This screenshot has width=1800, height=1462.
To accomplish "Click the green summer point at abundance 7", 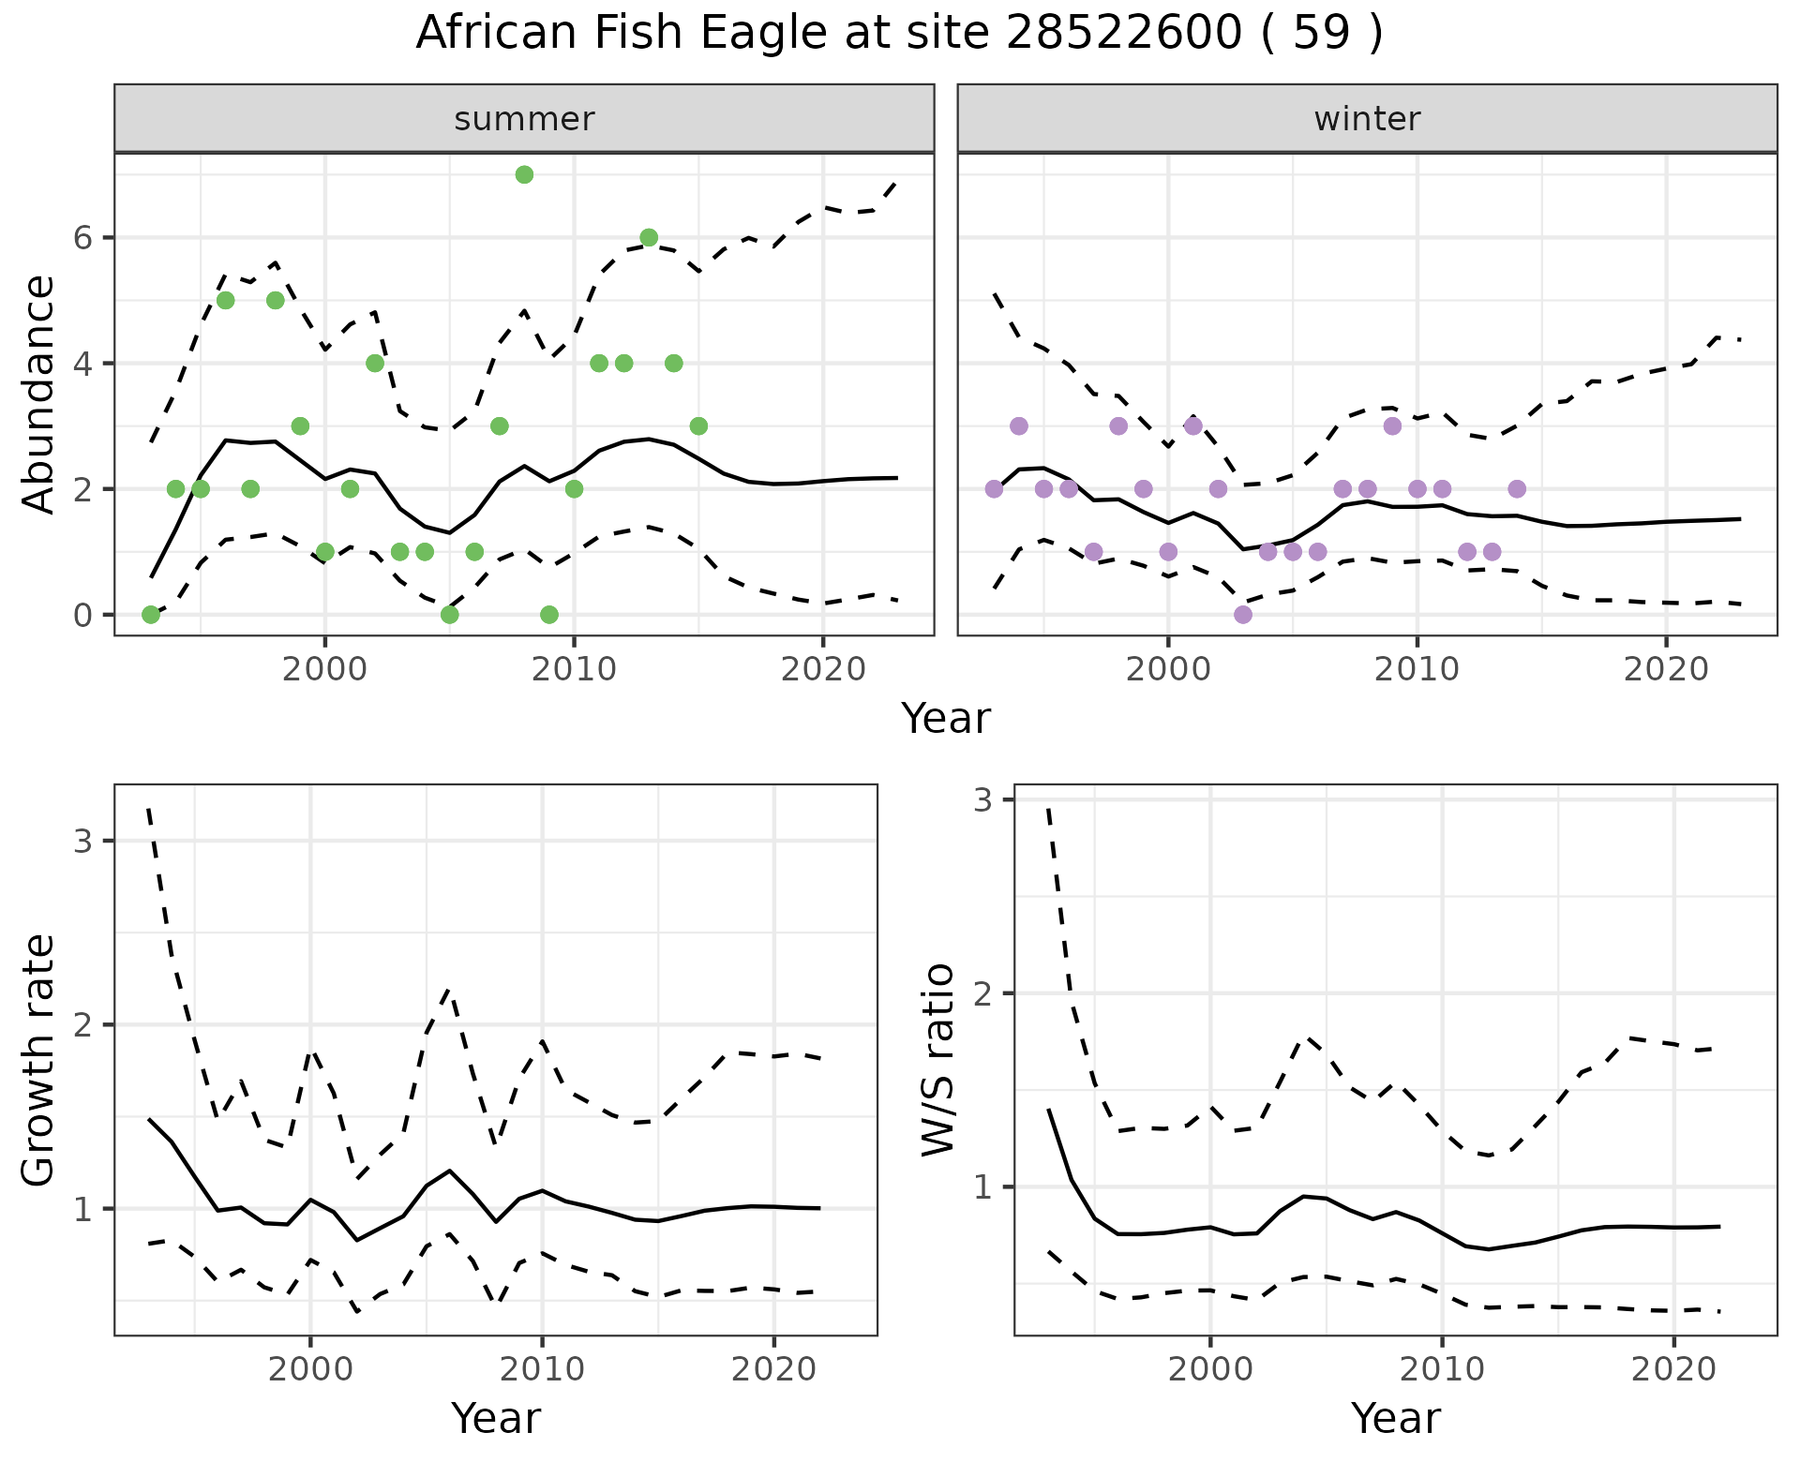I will tap(524, 174).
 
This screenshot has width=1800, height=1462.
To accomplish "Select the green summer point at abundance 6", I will tap(649, 237).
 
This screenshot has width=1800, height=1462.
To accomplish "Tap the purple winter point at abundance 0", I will tap(1243, 615).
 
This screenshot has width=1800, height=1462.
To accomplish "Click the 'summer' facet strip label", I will tap(524, 119).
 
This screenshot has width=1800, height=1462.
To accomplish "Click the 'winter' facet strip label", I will tap(1367, 119).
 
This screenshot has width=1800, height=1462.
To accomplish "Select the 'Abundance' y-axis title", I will tap(39, 395).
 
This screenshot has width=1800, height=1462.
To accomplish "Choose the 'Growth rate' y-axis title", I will tap(39, 1061).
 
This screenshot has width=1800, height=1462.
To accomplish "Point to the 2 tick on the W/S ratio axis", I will tap(982, 993).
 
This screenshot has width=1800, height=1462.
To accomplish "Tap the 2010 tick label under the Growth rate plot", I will tap(542, 1369).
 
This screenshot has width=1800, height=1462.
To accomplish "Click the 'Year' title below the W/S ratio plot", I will tap(1395, 1419).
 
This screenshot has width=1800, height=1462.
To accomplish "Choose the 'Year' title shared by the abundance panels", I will tap(945, 719).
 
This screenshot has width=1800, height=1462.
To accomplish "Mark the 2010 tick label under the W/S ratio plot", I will tap(1442, 1369).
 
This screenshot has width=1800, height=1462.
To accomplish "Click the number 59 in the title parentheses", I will tap(1322, 34).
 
